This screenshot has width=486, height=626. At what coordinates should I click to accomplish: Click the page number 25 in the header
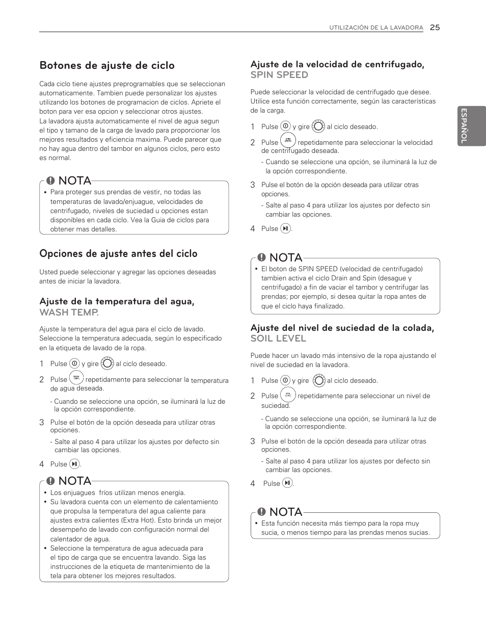(434, 28)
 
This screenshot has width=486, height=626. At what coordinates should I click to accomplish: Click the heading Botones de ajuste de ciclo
(107, 66)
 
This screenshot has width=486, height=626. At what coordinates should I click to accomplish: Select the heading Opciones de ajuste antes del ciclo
(118, 254)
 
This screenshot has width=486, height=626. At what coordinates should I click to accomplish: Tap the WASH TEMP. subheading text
(69, 311)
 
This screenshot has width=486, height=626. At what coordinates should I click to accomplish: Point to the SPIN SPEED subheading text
(279, 75)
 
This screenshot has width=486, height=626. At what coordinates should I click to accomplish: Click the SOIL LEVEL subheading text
(278, 338)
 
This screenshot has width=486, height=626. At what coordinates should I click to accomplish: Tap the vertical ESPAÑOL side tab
(464, 126)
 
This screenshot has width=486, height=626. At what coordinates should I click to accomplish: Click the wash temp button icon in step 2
(76, 378)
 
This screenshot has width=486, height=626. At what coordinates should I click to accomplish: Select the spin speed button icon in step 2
(288, 141)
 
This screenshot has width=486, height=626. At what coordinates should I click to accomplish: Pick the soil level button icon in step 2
(288, 395)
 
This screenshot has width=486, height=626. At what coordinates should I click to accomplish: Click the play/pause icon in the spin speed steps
(285, 229)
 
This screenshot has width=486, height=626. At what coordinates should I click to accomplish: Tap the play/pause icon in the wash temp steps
(75, 464)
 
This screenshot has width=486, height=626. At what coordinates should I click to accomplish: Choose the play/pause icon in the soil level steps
(287, 483)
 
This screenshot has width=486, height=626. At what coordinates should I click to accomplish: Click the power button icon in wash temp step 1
(74, 364)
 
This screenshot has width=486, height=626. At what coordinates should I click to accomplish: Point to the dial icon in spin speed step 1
(318, 126)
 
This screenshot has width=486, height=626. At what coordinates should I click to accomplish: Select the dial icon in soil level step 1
(318, 380)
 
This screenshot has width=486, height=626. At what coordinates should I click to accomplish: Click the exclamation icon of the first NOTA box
(50, 181)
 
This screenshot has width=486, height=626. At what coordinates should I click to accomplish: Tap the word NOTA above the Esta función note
(285, 511)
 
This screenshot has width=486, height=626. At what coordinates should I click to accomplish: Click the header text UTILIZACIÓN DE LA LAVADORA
(376, 29)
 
